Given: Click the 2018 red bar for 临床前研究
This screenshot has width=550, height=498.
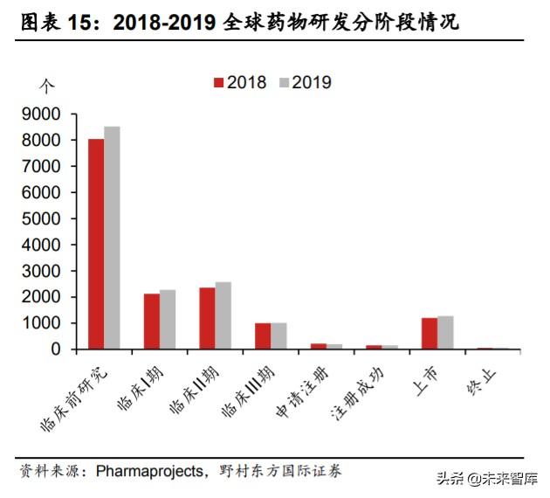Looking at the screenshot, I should [x=96, y=244].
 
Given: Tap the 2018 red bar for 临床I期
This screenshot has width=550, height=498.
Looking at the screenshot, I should [x=152, y=321].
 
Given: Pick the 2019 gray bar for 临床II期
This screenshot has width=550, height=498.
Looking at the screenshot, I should [x=223, y=315].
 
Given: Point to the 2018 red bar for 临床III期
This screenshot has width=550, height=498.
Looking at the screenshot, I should [x=263, y=335].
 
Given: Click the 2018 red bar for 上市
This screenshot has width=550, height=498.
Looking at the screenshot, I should [x=430, y=333].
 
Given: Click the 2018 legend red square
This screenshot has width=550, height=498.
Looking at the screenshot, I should [x=219, y=83].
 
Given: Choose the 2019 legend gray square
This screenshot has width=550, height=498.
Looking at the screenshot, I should [x=285, y=83].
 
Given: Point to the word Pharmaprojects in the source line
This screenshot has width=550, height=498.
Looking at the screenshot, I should [x=148, y=471].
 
